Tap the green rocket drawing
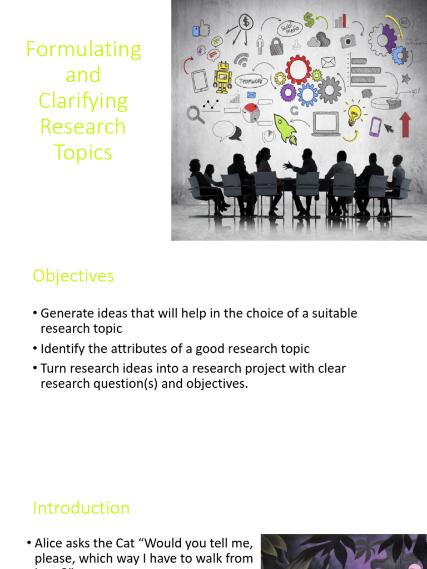click(x=285, y=129)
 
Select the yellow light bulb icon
click(x=354, y=114)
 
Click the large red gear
click(x=299, y=69)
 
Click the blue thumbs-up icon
click(x=201, y=29)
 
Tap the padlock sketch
click(x=276, y=46)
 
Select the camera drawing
click(x=348, y=41)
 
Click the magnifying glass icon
click(x=195, y=114)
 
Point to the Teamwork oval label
click(x=251, y=81)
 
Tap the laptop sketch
click(x=326, y=123)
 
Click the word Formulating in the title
click(x=83, y=49)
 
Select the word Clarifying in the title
click(x=83, y=101)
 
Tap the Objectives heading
click(x=73, y=276)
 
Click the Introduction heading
click(x=81, y=507)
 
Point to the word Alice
click(x=48, y=543)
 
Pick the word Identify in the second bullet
click(x=61, y=348)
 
